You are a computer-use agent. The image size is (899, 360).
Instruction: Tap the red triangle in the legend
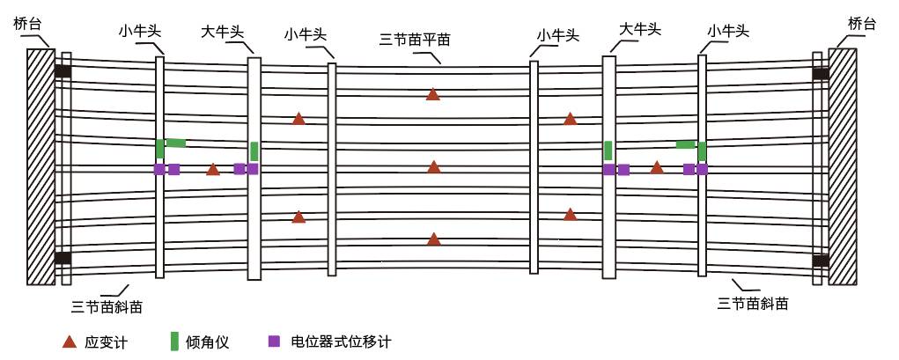(69, 341)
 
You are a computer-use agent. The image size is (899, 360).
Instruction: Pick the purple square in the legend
(274, 341)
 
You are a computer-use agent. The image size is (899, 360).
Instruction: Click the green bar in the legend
(173, 341)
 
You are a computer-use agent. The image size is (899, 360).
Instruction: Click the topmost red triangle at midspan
(432, 94)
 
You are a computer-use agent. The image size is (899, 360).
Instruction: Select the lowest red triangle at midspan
(433, 239)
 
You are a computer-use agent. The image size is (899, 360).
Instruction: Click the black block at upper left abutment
(63, 71)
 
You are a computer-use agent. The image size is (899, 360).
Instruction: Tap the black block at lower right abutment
(820, 261)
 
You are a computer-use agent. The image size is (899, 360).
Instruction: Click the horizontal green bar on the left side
(176, 143)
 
